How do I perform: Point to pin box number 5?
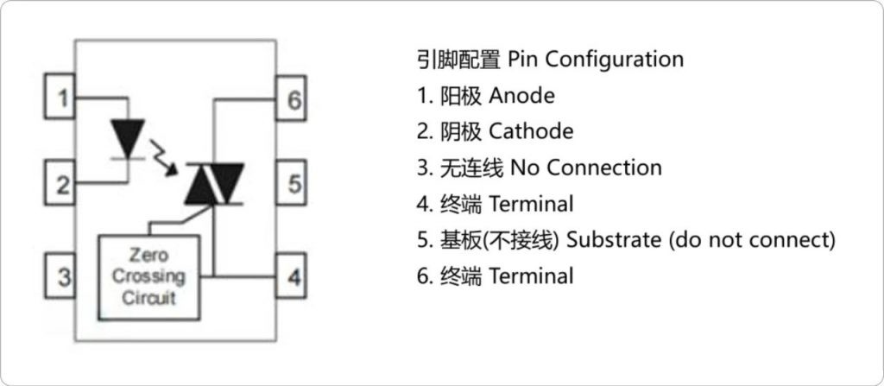(x=294, y=184)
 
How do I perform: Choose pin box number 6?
(x=294, y=100)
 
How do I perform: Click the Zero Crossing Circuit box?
(x=148, y=277)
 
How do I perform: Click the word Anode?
(x=521, y=95)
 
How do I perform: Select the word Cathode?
(x=531, y=131)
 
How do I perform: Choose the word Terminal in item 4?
(x=531, y=204)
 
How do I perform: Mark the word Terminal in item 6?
(x=531, y=276)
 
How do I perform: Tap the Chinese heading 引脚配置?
(x=458, y=59)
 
